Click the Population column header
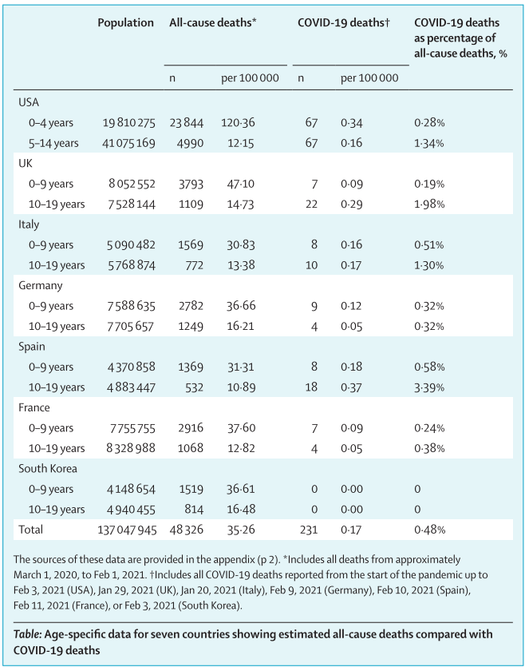(x=125, y=23)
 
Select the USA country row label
(x=29, y=101)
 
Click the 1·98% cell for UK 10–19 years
(x=429, y=204)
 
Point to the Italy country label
(x=29, y=224)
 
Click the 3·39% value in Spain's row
(x=429, y=387)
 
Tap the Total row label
(x=31, y=529)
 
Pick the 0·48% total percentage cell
(x=429, y=529)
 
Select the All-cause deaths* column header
(x=212, y=23)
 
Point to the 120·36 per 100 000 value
(x=238, y=122)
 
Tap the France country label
(x=33, y=408)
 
